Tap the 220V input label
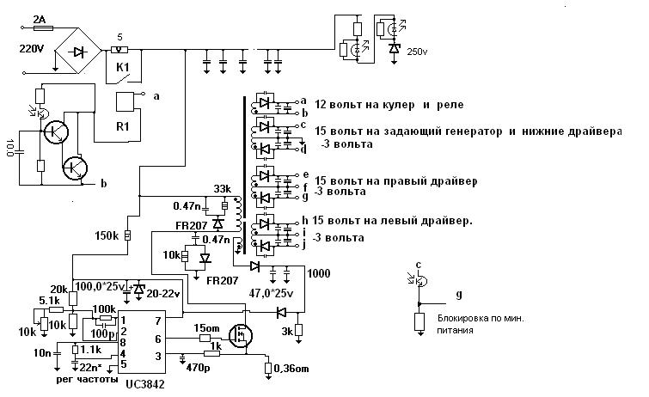(34, 48)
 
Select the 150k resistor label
(107, 234)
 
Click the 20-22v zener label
(167, 294)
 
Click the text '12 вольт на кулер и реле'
(389, 105)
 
